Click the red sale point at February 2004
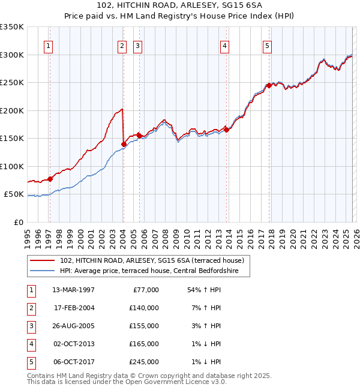point(124,144)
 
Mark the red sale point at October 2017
point(269,85)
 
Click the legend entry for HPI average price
point(149,271)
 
